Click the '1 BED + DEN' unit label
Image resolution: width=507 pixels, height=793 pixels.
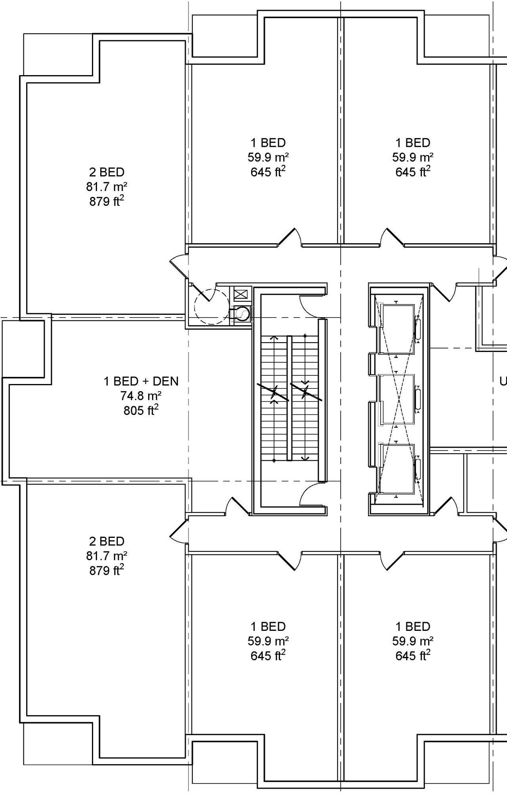[141, 381]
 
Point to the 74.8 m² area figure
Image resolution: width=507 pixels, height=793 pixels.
[141, 396]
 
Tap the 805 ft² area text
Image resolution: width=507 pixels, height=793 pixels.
[141, 410]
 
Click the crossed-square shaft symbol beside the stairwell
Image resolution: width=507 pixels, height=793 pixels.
[240, 294]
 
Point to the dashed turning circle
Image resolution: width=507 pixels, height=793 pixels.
[212, 307]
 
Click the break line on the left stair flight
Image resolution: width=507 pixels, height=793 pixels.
[273, 392]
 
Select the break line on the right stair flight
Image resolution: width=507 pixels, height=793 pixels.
[306, 392]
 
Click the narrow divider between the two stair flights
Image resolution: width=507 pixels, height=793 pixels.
[289, 398]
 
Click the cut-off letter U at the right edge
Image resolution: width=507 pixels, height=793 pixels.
[503, 381]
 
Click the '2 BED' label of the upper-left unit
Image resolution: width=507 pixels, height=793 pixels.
[107, 172]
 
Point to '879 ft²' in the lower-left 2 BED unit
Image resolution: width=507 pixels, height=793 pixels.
[107, 570]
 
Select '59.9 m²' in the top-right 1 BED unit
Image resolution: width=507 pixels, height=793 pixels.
[413, 157]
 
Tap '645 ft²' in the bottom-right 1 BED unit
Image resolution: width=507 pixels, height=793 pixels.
[413, 656]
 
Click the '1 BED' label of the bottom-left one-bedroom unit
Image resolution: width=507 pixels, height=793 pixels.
[268, 626]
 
